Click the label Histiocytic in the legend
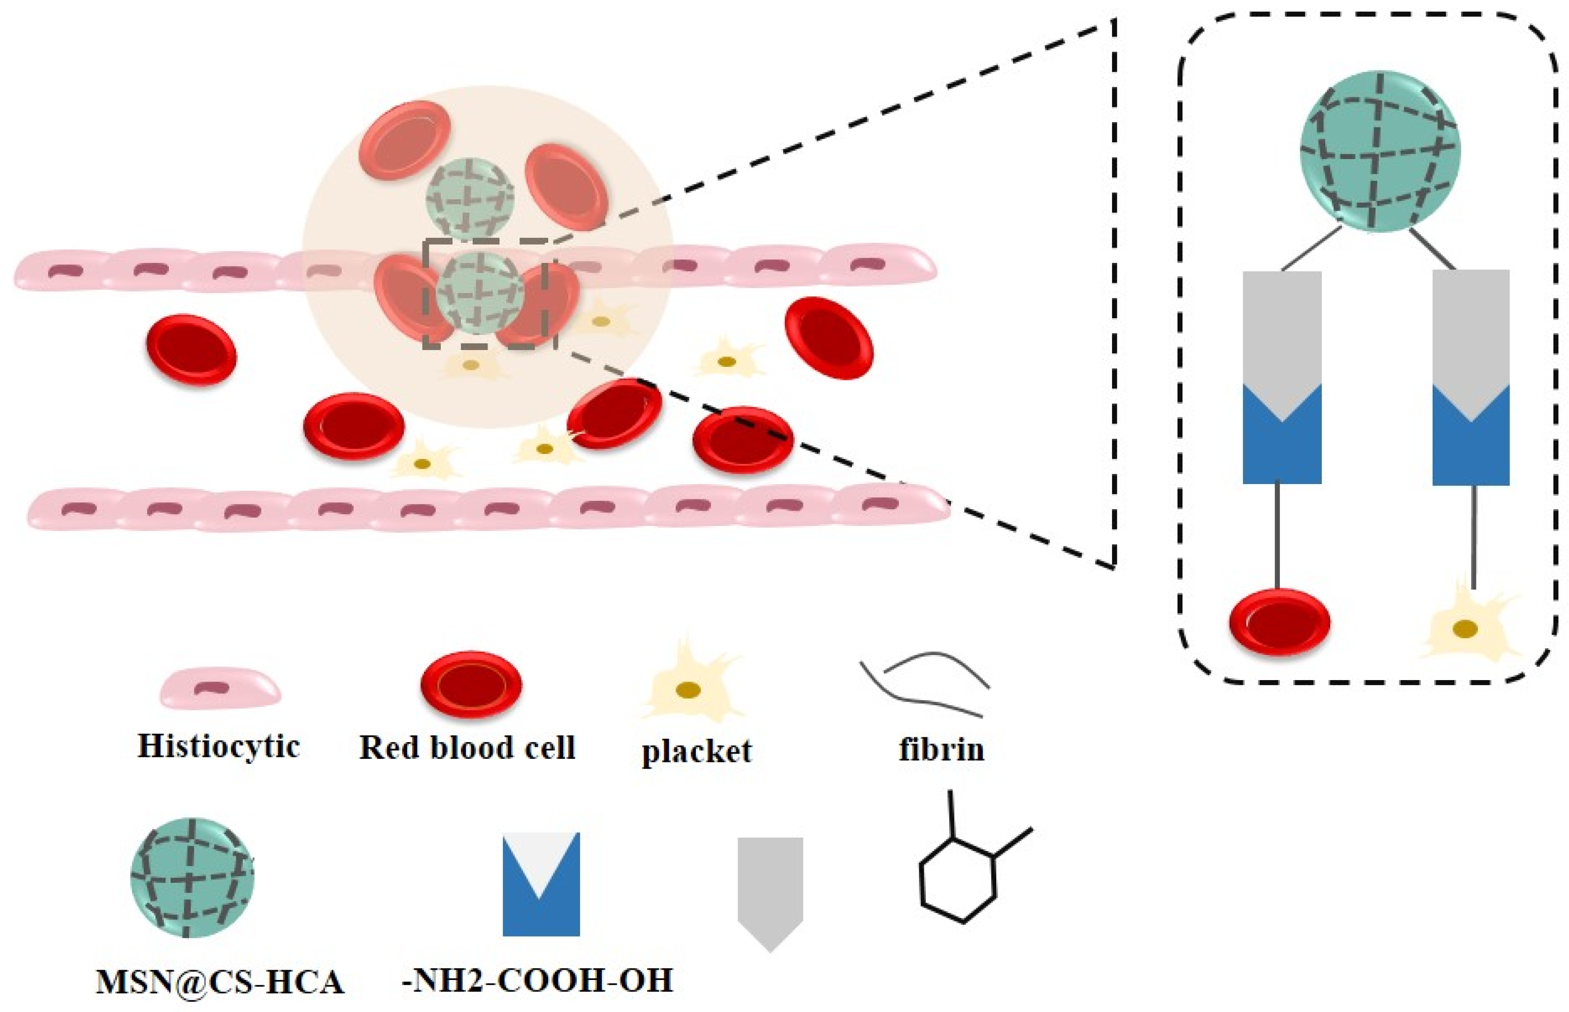coord(218,747)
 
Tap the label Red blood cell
coord(467,747)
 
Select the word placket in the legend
coord(696,751)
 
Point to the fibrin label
coord(941,749)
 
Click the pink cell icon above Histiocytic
coord(220,688)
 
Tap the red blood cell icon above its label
coord(471,684)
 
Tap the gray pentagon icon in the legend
coord(770,887)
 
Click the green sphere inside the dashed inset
coord(1380,151)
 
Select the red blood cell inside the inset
coord(1279,621)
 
